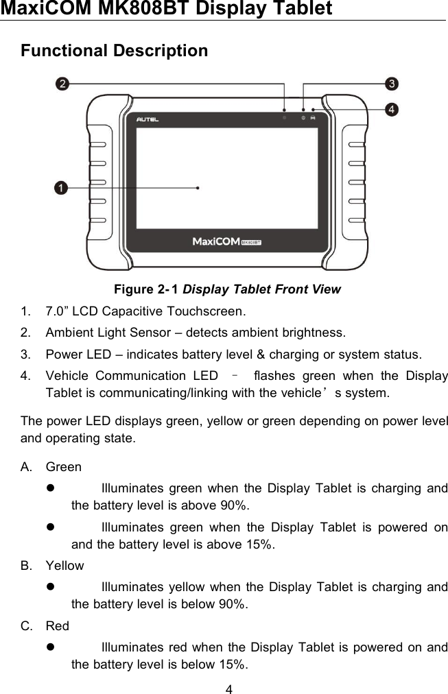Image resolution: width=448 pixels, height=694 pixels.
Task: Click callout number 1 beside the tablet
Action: click(62, 187)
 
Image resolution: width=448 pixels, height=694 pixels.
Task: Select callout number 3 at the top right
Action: click(391, 84)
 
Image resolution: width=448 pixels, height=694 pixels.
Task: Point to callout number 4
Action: click(391, 109)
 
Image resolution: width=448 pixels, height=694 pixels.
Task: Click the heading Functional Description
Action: click(114, 51)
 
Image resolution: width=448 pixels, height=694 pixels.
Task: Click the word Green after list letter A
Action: click(63, 467)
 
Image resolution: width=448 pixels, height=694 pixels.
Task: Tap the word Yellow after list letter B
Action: click(64, 566)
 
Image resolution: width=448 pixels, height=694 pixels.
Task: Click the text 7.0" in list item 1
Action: click(57, 311)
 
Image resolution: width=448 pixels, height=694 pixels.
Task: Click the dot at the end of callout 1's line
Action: click(198, 187)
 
